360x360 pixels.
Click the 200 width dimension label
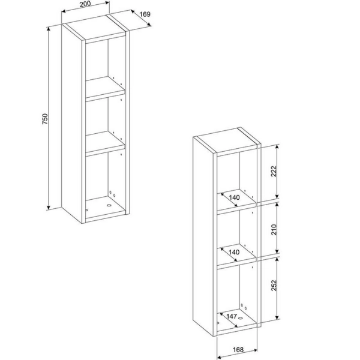(85, 4)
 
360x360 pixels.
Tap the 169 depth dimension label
(145, 14)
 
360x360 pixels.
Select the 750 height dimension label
(45, 119)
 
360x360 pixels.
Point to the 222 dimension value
(274, 171)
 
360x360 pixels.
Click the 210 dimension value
(274, 230)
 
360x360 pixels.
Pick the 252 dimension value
(274, 286)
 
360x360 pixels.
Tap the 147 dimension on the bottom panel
(232, 316)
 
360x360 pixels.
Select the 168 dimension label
(238, 350)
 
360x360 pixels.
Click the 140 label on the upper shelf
(234, 197)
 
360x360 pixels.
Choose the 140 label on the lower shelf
(234, 253)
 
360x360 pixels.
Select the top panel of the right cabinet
(227, 140)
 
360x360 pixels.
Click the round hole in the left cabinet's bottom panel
(109, 205)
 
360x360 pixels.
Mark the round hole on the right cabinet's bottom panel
(241, 318)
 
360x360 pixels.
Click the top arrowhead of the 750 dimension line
(49, 29)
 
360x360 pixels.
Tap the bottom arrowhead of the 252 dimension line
(277, 317)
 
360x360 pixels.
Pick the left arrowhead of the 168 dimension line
(219, 357)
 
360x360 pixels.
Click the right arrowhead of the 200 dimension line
(107, 2)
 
